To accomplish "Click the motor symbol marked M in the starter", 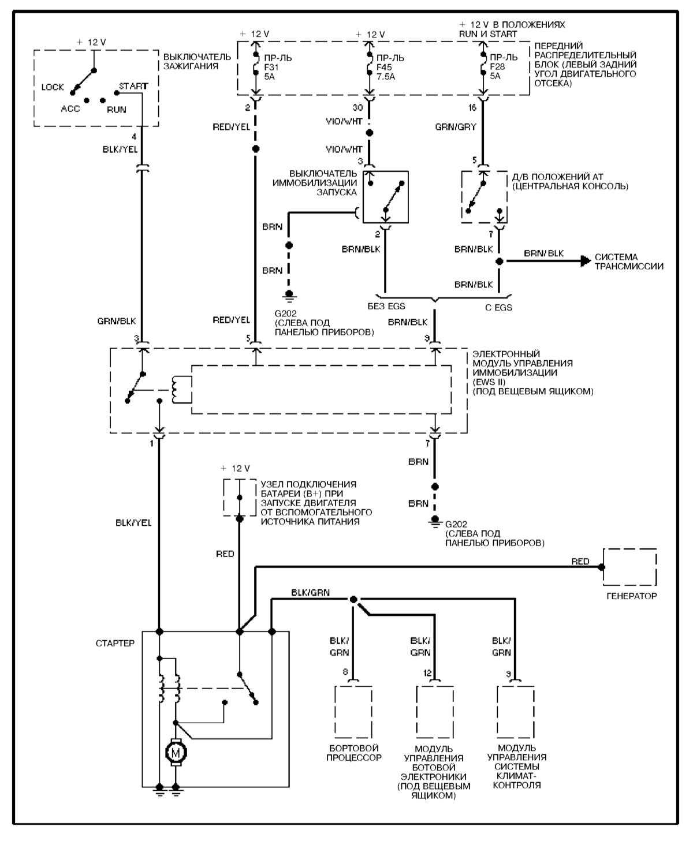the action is click(175, 752).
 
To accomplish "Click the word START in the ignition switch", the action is click(133, 86).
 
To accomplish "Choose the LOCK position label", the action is click(53, 87).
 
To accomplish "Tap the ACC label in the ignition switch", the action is click(70, 109).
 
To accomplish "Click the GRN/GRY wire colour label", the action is click(455, 127).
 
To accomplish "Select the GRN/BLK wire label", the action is click(117, 321).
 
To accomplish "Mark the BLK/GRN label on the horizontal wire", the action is click(310, 592).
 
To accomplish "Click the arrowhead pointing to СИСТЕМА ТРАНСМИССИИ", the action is click(586, 261).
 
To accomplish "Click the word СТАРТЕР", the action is click(115, 643).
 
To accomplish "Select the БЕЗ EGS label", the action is click(386, 306).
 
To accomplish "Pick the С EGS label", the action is click(498, 307).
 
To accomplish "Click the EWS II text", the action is click(489, 382).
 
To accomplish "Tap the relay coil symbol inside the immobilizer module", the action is click(177, 390).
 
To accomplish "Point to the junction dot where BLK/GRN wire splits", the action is click(353, 600).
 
